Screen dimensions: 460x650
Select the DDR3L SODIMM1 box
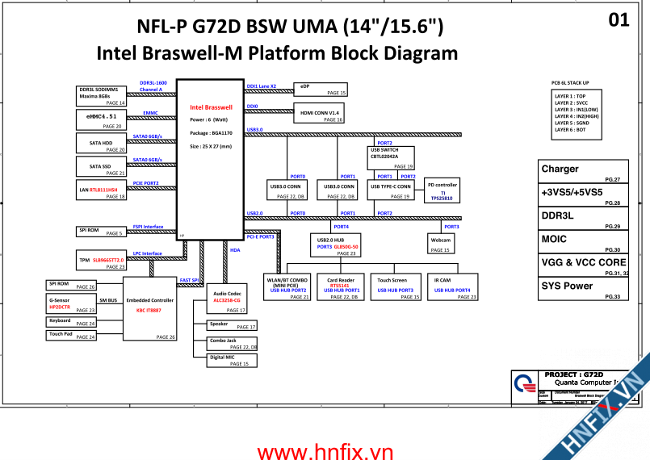102,95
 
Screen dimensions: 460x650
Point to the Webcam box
440,244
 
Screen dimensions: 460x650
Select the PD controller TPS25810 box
442,190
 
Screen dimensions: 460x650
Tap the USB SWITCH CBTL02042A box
391,157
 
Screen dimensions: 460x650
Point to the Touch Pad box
71,334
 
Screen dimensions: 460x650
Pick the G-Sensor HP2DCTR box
71,303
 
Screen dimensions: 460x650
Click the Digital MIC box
229,360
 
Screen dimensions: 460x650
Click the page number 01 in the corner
619,20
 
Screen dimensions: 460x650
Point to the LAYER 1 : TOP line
570,96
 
